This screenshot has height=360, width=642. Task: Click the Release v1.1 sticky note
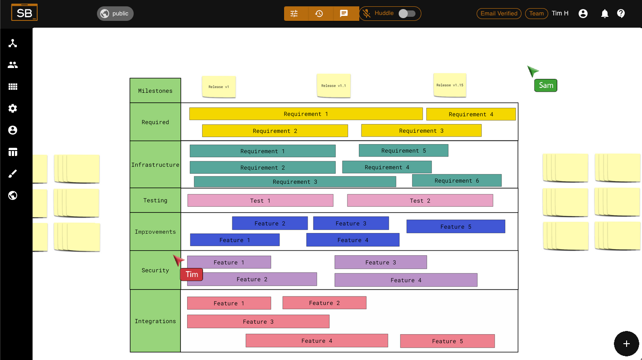pyautogui.click(x=333, y=86)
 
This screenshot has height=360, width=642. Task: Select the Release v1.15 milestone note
pyautogui.click(x=450, y=85)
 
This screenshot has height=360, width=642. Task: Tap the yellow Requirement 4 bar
pyautogui.click(x=471, y=114)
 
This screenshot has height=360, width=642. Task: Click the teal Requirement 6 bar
pyautogui.click(x=457, y=180)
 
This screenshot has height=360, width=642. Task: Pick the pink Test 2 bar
pyautogui.click(x=420, y=200)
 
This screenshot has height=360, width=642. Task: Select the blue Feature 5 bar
pyautogui.click(x=456, y=226)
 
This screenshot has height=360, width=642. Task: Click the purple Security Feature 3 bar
pyautogui.click(x=381, y=262)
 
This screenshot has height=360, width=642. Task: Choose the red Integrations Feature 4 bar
pyautogui.click(x=317, y=341)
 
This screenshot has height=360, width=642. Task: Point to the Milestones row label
pyautogui.click(x=155, y=91)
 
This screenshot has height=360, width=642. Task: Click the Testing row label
pyautogui.click(x=155, y=200)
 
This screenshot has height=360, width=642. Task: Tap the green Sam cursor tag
pyautogui.click(x=545, y=86)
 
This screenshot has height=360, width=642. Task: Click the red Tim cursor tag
pyautogui.click(x=192, y=274)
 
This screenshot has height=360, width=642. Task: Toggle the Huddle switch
pyautogui.click(x=407, y=14)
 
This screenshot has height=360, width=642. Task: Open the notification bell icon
pyautogui.click(x=605, y=14)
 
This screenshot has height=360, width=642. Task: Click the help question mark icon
pyautogui.click(x=621, y=14)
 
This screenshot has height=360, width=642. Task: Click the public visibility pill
pyautogui.click(x=115, y=14)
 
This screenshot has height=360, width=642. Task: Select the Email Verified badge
pyautogui.click(x=499, y=14)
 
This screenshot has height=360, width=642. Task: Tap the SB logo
pyautogui.click(x=24, y=12)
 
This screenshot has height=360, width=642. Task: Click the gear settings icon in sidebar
pyautogui.click(x=13, y=108)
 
